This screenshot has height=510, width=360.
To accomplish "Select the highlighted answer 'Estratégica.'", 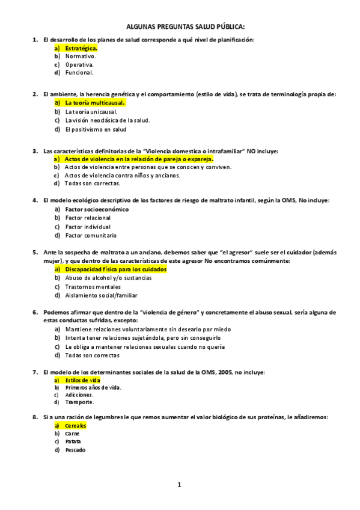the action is pos(81,48).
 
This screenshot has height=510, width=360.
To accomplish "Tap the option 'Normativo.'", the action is pos(80,56).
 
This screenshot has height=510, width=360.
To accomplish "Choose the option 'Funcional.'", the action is pos(79,73).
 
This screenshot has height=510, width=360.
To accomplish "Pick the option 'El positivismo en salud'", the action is pos(96,129).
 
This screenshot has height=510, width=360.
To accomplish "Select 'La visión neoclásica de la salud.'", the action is pos(108,120).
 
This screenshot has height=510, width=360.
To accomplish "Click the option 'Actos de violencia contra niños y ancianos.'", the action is pos(122,176).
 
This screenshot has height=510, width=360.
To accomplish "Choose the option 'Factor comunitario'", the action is pos(91,235).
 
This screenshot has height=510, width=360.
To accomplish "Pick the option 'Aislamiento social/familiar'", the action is pos(101,295).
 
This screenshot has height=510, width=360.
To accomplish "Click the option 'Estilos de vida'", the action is pos(83,381).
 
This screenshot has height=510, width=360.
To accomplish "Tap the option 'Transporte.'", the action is pos(79,402).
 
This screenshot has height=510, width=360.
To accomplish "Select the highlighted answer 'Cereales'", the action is pos(76,426).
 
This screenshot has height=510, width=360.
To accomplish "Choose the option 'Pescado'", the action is pos(75,450).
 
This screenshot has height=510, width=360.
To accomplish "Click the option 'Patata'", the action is pos(73,441).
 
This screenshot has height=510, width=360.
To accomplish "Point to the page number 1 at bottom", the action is pos(179,484).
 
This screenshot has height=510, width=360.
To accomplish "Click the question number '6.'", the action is pos(35,313).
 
